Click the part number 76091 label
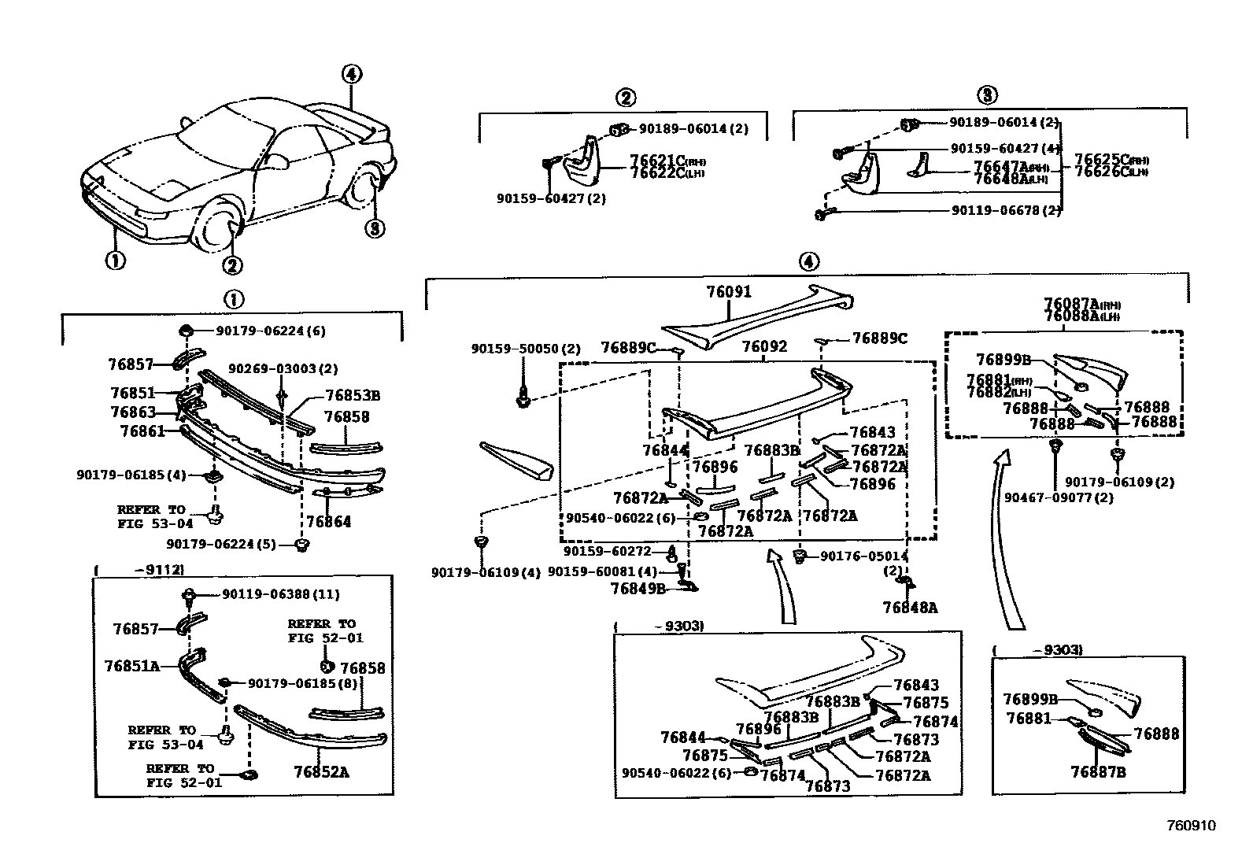(728, 292)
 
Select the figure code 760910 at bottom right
(1191, 826)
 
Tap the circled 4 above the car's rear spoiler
(351, 74)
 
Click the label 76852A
(321, 771)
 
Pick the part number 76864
(328, 522)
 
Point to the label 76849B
(638, 588)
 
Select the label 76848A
(910, 607)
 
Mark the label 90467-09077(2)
(1059, 497)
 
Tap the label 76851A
(131, 666)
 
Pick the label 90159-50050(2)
(526, 348)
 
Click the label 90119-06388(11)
(269, 594)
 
